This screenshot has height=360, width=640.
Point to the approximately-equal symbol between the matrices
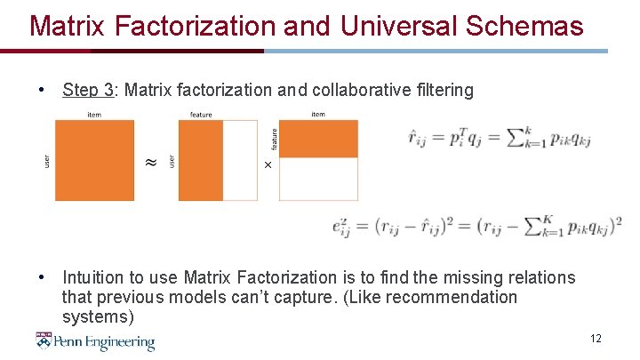tap(150, 161)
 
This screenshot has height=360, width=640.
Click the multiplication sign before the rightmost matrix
tap(268, 164)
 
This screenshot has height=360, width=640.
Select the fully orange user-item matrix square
tap(94, 160)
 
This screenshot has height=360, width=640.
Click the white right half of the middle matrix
tap(241, 160)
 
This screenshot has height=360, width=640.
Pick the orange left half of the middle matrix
tap(200, 160)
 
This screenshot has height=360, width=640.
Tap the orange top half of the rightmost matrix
tap(318, 139)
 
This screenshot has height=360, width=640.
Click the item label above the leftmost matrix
tap(93, 114)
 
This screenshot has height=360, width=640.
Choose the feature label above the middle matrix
tap(201, 114)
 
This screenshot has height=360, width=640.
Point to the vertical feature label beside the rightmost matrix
tap(274, 138)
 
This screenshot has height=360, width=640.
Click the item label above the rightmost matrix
tap(317, 114)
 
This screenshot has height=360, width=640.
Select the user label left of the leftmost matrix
tap(47, 160)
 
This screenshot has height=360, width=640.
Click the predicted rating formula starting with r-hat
tap(499, 138)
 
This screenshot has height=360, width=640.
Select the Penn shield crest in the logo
tap(44, 340)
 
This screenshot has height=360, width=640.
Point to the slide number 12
tap(596, 339)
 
